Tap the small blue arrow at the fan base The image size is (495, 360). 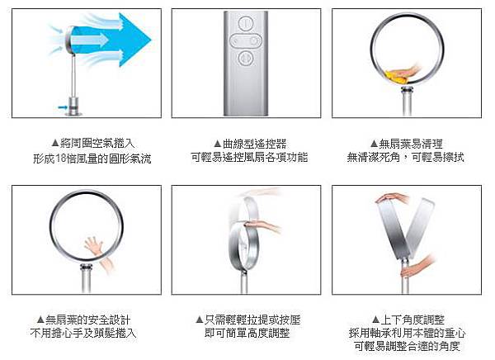pos(62,107)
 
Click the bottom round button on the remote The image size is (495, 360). pos(245,58)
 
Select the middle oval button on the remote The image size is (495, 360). pos(245,40)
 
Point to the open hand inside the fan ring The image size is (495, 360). pos(94,245)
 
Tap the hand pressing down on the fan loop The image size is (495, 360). pos(262,225)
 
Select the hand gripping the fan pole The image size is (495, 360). pos(417,267)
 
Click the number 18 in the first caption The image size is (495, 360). pos(61,159)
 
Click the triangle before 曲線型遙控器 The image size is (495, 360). pos(218,144)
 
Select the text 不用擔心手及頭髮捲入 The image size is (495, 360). pos(83,333)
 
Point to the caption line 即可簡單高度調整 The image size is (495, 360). pos(247,333)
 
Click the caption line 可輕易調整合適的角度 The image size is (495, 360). pos(407,346)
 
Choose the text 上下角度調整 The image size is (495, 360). pos(412,320)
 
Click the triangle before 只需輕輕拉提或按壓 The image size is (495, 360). pos(199,320)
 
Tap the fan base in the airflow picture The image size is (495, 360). pos(74,107)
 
